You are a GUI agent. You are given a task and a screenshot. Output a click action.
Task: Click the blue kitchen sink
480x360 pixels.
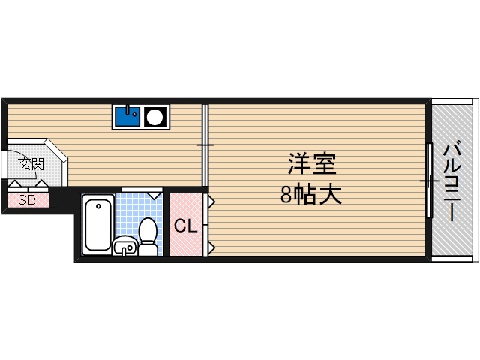point(127,116)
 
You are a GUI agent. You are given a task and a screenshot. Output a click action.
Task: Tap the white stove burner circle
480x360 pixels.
point(155,117)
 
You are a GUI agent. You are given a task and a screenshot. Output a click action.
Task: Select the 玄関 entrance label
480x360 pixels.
point(31,163)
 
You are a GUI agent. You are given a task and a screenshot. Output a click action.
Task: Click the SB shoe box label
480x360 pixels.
point(27,199)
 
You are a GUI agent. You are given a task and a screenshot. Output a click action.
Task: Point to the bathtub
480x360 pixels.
point(98,223)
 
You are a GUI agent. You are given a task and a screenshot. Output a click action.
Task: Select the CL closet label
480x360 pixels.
point(186,225)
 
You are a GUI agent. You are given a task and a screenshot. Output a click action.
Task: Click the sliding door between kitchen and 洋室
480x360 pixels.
point(205,145)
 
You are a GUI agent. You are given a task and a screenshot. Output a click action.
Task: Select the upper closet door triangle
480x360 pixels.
point(211,202)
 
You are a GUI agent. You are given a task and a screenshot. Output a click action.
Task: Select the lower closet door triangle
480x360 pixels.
point(211,246)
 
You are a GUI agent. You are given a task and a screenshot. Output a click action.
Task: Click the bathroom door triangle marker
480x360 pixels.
point(154,195)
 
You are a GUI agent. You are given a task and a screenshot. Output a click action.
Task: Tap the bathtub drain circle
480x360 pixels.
point(98,205)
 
